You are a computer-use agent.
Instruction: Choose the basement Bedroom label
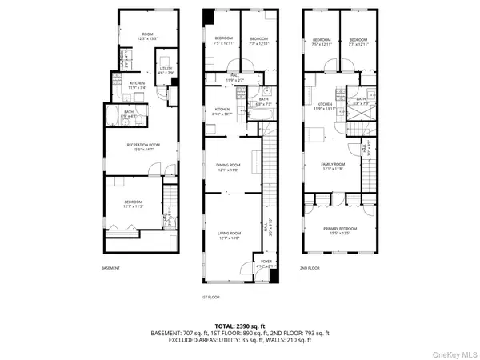click(x=133, y=203)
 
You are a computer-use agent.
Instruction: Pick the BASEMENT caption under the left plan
click(x=110, y=268)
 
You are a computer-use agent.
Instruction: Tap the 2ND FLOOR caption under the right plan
click(x=310, y=268)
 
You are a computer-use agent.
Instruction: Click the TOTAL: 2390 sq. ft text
click(x=240, y=326)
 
